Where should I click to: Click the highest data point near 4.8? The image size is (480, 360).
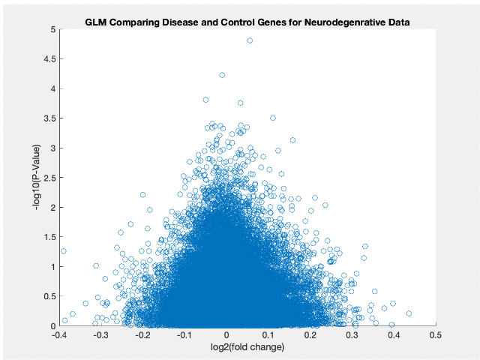pyautogui.click(x=250, y=40)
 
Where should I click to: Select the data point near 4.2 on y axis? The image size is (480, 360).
pyautogui.click(x=222, y=75)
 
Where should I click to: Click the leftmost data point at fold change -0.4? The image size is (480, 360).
pyautogui.click(x=64, y=251)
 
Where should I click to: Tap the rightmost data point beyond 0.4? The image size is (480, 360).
pyautogui.click(x=409, y=313)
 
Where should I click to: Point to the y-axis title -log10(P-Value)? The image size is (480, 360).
pyautogui.click(x=37, y=178)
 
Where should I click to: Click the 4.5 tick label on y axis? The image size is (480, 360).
pyautogui.click(x=49, y=59)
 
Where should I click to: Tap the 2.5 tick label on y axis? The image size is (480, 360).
pyautogui.click(x=49, y=178)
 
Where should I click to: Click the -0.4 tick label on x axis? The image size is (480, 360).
pyautogui.click(x=60, y=335)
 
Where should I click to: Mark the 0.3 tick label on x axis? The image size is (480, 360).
pyautogui.click(x=352, y=335)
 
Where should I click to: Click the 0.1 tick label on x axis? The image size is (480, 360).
pyautogui.click(x=268, y=335)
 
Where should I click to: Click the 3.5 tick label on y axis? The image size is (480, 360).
pyautogui.click(x=49, y=118)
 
